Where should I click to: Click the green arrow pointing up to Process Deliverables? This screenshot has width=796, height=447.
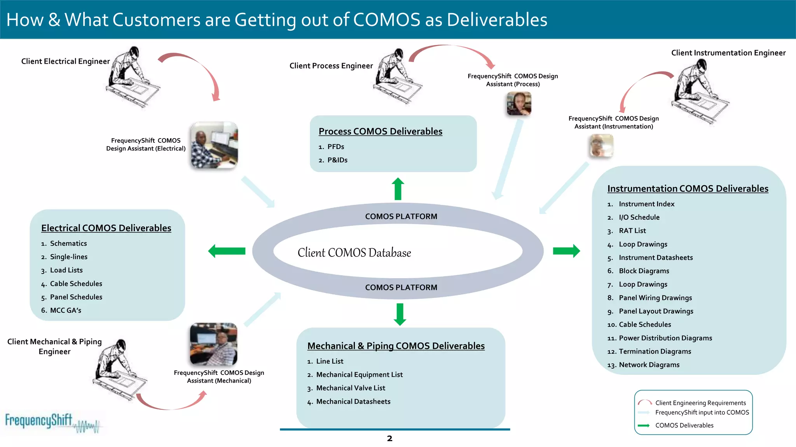point(398,189)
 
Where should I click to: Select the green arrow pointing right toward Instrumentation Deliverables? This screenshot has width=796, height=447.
point(566,251)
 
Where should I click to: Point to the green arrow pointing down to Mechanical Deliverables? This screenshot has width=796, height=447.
point(400,314)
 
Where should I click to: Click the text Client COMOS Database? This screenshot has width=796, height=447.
point(354,253)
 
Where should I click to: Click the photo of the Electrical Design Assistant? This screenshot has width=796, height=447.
point(214,145)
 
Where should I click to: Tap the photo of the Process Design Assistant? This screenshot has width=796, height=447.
point(519,104)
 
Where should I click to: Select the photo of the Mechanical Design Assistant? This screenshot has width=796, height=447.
point(213,344)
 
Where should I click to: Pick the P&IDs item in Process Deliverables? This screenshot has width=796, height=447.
point(337,160)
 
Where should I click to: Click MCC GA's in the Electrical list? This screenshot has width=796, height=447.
point(65,310)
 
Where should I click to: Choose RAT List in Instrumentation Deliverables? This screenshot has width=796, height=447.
point(632,231)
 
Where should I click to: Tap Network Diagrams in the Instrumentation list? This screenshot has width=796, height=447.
point(649,365)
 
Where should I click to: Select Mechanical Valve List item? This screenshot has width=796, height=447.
point(350,388)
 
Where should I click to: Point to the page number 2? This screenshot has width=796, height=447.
point(389,438)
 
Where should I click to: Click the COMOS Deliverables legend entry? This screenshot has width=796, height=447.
point(684,425)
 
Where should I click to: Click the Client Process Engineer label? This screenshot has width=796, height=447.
point(331,66)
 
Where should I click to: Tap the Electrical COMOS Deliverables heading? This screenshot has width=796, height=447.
point(106,228)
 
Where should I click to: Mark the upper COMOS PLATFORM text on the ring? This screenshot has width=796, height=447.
point(401,217)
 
